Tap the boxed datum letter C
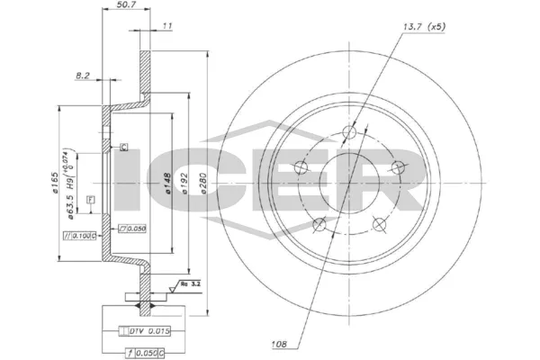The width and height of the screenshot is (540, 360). pos(124,147)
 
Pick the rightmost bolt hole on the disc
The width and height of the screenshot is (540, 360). pos(394,166)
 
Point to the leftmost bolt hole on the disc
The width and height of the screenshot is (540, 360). pos(317,227)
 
